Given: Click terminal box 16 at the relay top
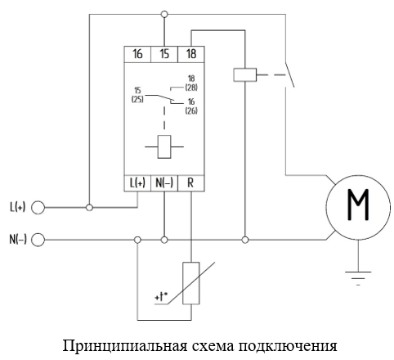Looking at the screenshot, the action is (x=137, y=54).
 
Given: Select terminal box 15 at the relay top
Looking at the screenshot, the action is (x=164, y=54).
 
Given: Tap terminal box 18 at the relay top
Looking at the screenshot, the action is (x=191, y=54).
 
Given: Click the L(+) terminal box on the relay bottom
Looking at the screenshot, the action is (x=137, y=183).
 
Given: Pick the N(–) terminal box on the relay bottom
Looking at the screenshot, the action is (x=164, y=183).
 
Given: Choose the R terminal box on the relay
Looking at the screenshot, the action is (x=191, y=183).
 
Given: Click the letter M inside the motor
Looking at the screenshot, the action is (x=358, y=205).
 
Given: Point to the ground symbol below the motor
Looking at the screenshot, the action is (x=358, y=278).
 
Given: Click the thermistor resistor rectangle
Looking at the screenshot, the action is (x=191, y=283).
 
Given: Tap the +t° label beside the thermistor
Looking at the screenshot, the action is (x=161, y=296).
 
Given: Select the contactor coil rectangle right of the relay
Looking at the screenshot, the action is (x=245, y=74).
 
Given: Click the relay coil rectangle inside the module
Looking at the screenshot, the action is (x=164, y=146).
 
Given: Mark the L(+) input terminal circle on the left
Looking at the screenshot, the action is (x=38, y=208).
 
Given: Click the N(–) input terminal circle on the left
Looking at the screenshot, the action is (x=38, y=240).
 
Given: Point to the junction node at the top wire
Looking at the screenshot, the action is (x=164, y=14).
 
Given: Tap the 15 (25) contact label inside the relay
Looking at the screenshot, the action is (x=137, y=95).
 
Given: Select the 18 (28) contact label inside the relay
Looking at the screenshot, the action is (x=191, y=83).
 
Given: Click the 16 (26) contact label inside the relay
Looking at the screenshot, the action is (x=191, y=106).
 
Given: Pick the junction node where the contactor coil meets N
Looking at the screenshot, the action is (x=245, y=240).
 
